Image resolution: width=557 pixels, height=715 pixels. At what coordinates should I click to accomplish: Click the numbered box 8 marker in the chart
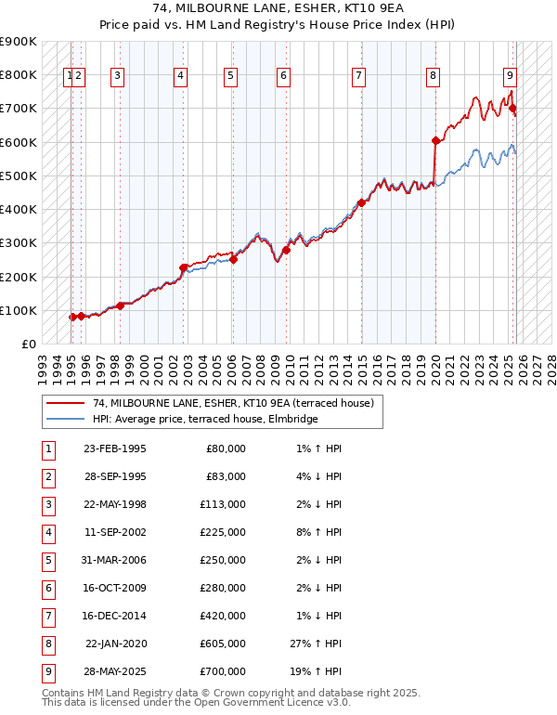[433, 77]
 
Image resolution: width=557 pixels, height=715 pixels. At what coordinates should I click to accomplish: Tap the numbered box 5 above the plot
[229, 77]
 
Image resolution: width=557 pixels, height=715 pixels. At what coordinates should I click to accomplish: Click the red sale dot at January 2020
[435, 141]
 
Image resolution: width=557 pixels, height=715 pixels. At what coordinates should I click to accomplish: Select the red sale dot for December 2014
[361, 202]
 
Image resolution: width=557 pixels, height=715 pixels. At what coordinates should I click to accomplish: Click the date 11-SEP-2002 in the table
[114, 533]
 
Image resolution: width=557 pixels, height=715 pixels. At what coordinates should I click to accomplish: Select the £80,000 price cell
[224, 448]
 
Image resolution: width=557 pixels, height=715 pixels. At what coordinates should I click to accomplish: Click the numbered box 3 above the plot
[117, 77]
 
